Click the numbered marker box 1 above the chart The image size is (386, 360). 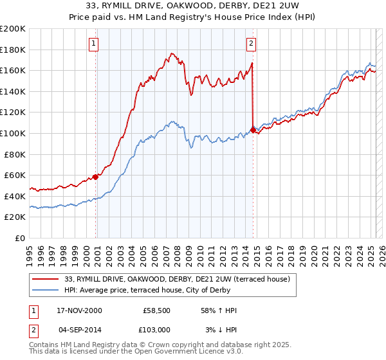94,44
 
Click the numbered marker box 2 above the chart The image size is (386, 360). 251,44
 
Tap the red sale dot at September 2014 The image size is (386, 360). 253,130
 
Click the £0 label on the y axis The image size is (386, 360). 21,238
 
